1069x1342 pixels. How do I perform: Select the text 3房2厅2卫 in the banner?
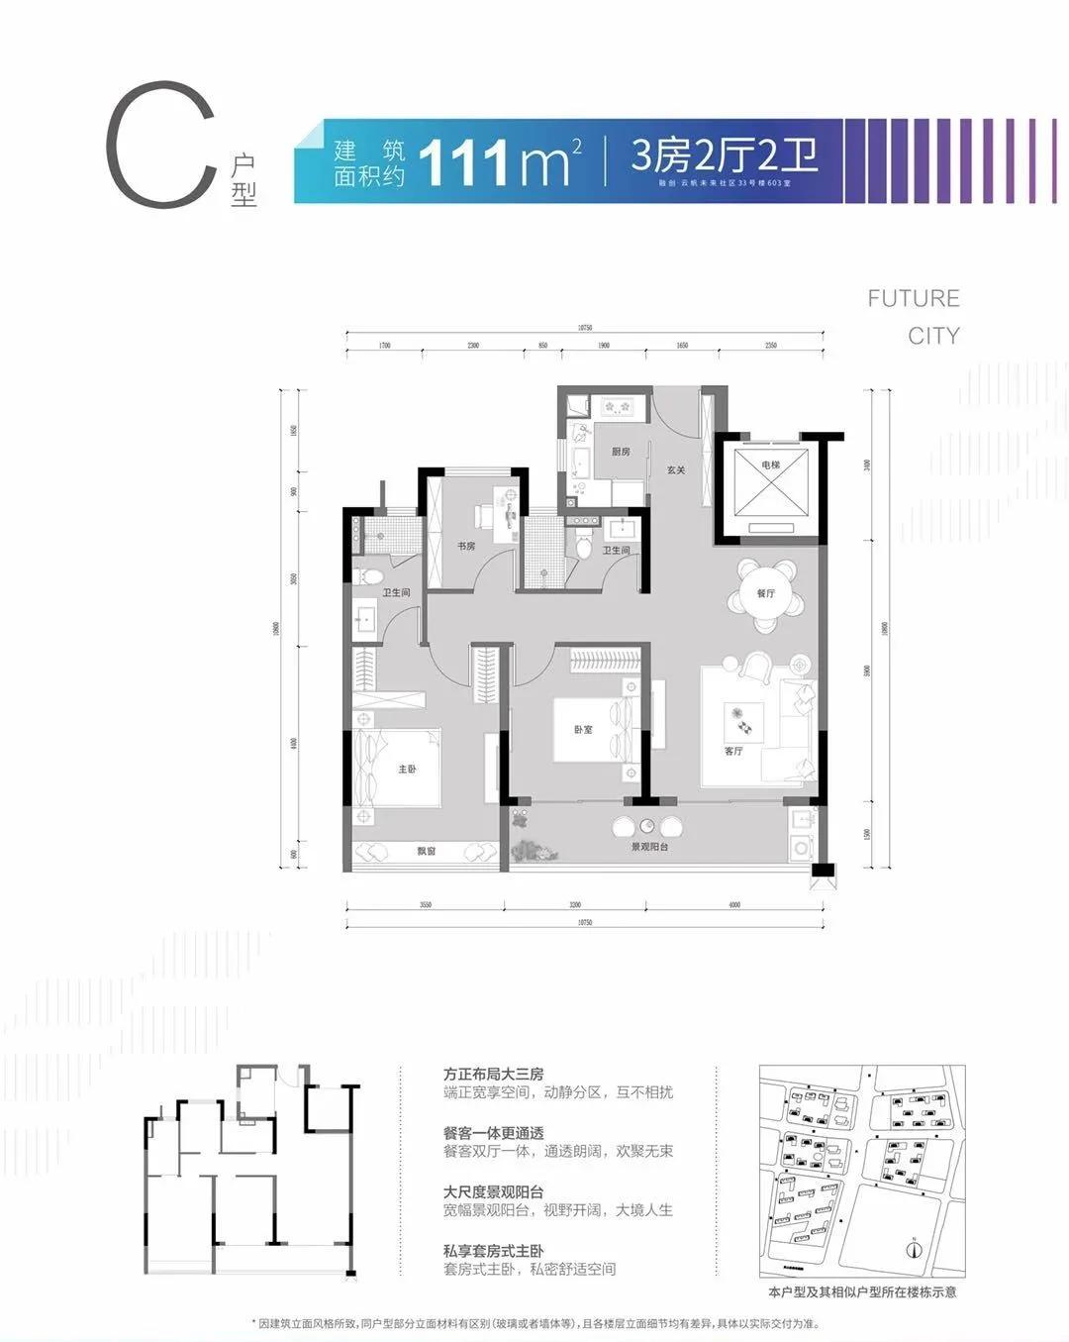pos(725,155)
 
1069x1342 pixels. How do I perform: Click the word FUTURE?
pos(913,298)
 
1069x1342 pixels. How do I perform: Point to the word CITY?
pos(933,336)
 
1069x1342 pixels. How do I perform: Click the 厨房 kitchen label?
pos(621,452)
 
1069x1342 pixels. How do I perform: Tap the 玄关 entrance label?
pos(676,469)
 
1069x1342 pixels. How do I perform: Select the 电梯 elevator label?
pos(771,465)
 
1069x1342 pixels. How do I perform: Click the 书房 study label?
pos(465,546)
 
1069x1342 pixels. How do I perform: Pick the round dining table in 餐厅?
pos(765,594)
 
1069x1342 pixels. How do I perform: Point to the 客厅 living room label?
pos(732,751)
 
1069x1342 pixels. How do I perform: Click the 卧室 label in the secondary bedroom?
pos(583,729)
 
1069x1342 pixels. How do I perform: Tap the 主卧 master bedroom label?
pos(407,769)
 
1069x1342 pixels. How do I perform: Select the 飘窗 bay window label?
pos(426,851)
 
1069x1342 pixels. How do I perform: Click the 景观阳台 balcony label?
pos(650,848)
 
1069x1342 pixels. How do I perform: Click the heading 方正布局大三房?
pos(493,1074)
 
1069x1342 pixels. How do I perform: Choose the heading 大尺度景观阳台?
pos(493,1191)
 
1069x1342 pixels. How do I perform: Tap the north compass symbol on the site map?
pos(914,1248)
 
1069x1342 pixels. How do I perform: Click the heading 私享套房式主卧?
pos(493,1251)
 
